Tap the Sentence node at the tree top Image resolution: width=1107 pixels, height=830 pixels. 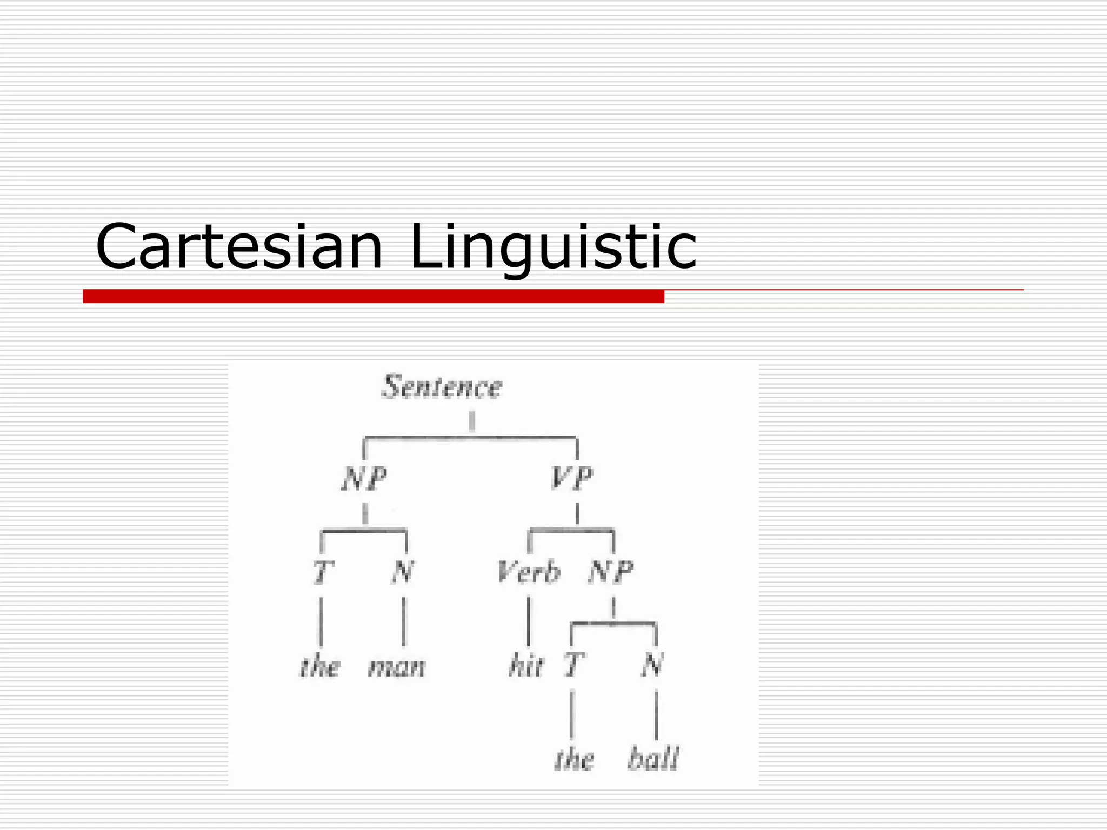point(442,387)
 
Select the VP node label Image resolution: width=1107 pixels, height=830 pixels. point(572,478)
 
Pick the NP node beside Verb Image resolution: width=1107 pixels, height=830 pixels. point(611,572)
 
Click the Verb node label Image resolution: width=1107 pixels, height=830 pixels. point(529,572)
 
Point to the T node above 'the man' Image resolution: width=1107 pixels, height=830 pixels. point(323,572)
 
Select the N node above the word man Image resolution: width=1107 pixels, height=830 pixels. point(403,572)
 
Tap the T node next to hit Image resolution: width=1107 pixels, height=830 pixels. point(573,665)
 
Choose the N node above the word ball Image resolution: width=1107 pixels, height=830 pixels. point(652,665)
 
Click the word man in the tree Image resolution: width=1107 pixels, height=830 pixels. point(397,667)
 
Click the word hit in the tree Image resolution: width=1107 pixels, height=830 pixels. point(525,666)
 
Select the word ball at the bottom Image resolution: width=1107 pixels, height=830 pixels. point(653,758)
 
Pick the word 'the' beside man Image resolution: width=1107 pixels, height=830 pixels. point(320,666)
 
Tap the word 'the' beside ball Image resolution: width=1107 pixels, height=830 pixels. point(574,758)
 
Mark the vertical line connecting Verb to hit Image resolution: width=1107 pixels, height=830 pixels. point(529,621)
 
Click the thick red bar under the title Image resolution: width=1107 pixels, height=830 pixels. point(373,296)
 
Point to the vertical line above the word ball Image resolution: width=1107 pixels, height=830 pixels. point(656,714)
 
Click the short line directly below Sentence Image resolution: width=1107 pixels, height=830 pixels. point(472,421)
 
